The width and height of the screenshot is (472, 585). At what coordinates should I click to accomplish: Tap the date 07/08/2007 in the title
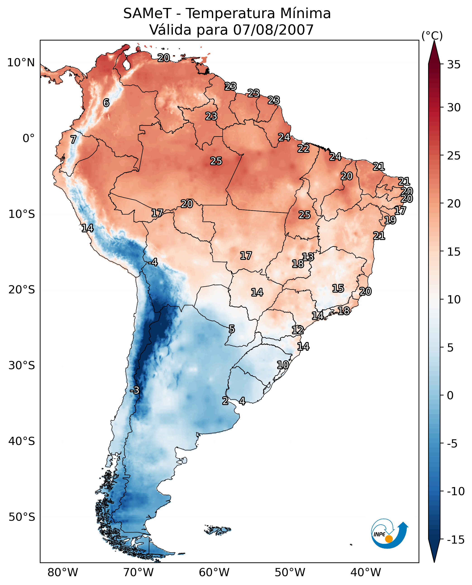pyautogui.click(x=273, y=30)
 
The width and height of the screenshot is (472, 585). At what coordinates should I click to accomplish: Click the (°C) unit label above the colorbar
pyautogui.click(x=432, y=36)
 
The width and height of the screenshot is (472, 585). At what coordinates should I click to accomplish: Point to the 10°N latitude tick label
pyautogui.click(x=21, y=63)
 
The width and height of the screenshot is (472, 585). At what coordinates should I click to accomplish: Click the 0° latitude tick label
pyautogui.click(x=29, y=138)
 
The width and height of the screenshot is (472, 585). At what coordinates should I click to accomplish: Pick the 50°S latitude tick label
pyautogui.click(x=22, y=517)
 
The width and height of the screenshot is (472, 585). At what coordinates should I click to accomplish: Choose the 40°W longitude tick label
pyautogui.click(x=366, y=572)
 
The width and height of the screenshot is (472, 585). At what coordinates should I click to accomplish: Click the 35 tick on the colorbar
pyautogui.click(x=454, y=65)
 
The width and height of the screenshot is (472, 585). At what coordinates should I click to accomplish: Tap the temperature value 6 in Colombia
pyautogui.click(x=106, y=103)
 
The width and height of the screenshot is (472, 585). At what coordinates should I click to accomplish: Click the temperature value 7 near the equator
pyautogui.click(x=73, y=139)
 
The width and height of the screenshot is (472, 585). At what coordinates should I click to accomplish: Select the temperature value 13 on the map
pyautogui.click(x=308, y=257)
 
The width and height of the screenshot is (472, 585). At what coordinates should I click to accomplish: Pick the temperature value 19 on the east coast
pyautogui.click(x=390, y=220)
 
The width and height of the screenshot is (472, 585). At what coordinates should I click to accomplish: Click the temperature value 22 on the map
pyautogui.click(x=303, y=148)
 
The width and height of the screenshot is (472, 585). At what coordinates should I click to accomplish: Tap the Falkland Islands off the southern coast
pyautogui.click(x=217, y=530)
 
